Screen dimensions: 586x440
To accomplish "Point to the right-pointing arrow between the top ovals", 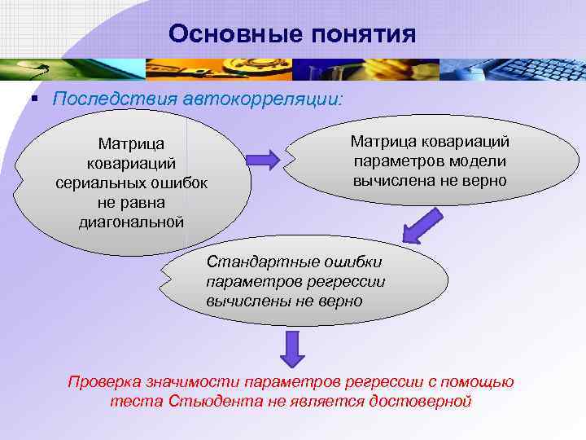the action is click(x=263, y=156).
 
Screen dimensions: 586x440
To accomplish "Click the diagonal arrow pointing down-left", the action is click(x=422, y=225).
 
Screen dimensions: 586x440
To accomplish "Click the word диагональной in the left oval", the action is click(x=131, y=221).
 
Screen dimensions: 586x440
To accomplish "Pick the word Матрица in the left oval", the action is click(x=131, y=143).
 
